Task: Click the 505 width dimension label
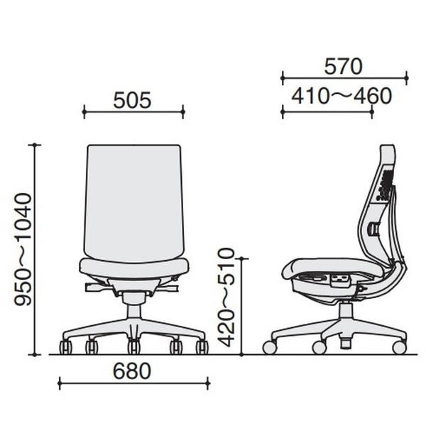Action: click(x=132, y=101)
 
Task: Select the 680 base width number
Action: click(x=132, y=371)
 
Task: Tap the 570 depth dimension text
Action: click(x=344, y=67)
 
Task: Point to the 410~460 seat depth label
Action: click(x=342, y=96)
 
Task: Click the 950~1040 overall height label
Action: click(x=23, y=249)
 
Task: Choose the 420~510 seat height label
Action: click(x=226, y=297)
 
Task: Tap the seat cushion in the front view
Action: click(x=134, y=268)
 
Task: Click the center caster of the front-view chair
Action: click(x=134, y=347)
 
